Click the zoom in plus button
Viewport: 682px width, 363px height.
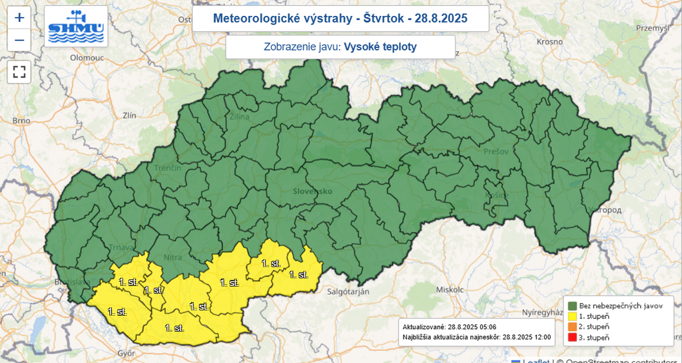pos(19,18)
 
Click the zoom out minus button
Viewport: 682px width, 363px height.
pos(19,41)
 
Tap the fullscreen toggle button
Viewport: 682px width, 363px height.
pos(19,72)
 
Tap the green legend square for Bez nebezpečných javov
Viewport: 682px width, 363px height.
pos(572,304)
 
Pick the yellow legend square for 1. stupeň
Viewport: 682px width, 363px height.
pos(572,316)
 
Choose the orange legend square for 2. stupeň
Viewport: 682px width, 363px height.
pos(572,327)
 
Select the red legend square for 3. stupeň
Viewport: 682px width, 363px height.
pos(572,338)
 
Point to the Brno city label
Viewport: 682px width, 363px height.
pos(21,121)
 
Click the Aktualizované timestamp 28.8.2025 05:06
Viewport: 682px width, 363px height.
pos(472,327)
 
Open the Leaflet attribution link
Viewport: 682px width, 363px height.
pos(535,360)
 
